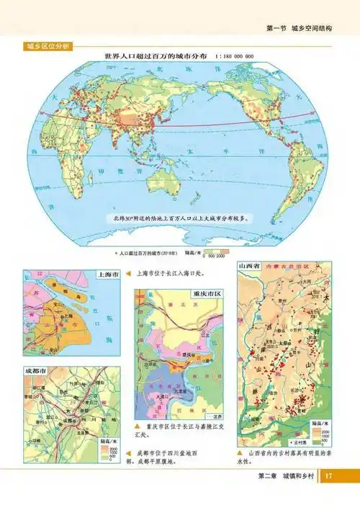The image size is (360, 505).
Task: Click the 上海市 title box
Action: [x=107, y=275]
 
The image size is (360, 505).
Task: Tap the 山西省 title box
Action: [x=252, y=267]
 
